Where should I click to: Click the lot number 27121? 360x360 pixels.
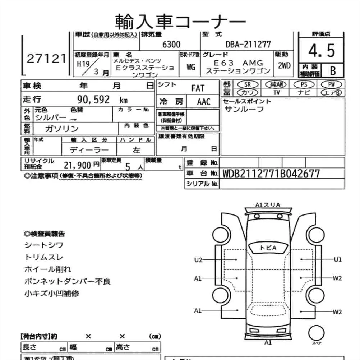[47, 59]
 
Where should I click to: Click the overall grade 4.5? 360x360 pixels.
[321, 51]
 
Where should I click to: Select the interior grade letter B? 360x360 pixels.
[333, 70]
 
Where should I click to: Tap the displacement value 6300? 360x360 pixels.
[171, 45]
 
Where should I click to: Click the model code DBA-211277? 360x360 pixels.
[248, 45]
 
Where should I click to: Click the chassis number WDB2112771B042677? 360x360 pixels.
[271, 174]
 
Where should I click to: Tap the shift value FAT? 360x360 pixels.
[198, 88]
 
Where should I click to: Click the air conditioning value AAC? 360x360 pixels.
[204, 102]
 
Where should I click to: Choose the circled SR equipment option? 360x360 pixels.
[247, 84]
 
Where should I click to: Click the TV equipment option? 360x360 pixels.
[276, 92]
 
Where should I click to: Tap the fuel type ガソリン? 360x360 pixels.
[62, 129]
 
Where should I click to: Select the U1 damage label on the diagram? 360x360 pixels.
[337, 259]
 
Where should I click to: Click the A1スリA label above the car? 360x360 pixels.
[268, 205]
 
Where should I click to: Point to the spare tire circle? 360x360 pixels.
[317, 332]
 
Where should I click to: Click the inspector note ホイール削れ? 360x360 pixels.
[48, 269]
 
